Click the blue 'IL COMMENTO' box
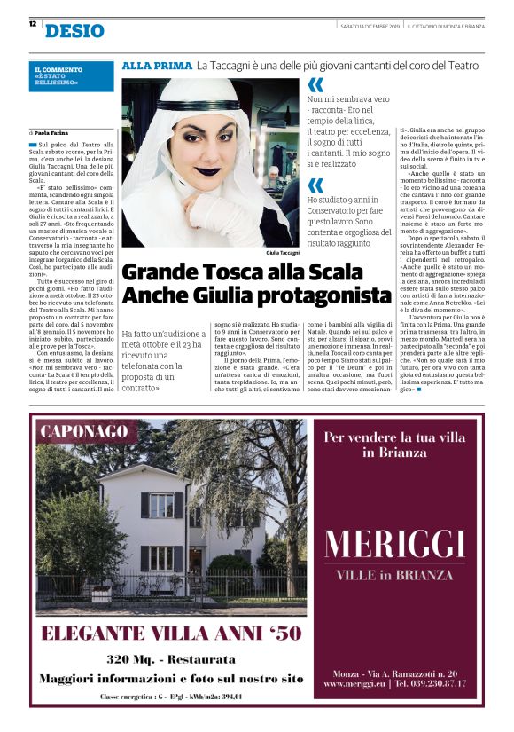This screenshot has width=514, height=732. pos(73,75)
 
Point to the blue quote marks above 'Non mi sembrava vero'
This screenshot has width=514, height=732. pos(315,85)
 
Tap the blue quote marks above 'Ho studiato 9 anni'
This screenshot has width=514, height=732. pos(315,185)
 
